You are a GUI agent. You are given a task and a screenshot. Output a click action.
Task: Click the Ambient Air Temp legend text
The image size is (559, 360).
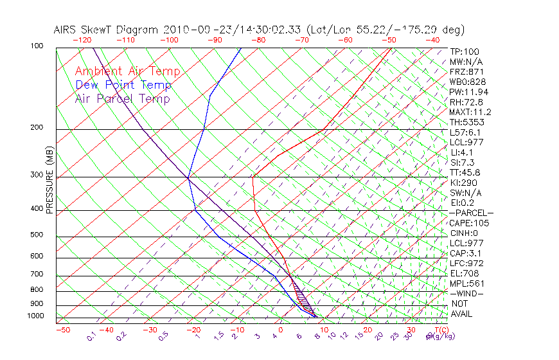point(127,71)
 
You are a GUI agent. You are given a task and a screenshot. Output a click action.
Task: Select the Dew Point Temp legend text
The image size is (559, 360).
point(123,85)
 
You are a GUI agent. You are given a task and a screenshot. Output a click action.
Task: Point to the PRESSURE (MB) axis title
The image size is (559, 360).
point(50,180)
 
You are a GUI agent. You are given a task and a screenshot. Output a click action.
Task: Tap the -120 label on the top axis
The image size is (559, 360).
point(82,40)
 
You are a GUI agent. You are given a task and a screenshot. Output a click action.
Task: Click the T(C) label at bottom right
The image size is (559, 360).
point(440,330)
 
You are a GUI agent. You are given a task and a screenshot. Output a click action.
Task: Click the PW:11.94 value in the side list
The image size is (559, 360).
point(466,92)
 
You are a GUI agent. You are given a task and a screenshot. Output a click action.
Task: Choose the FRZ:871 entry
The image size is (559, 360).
point(465,72)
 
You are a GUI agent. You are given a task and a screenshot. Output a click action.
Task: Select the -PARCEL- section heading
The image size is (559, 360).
point(471,213)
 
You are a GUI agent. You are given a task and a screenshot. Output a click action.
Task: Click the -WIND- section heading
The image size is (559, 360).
point(466,293)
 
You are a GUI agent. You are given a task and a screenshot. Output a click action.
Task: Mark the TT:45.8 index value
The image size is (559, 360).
point(465,172)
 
